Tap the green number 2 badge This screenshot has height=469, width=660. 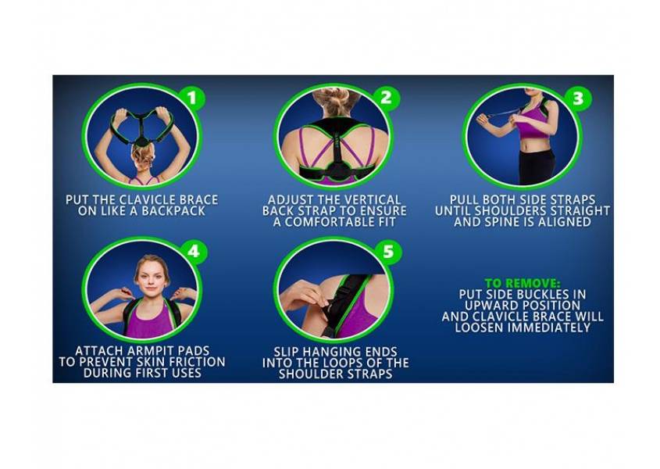(x=385, y=98)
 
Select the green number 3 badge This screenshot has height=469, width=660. (x=577, y=98)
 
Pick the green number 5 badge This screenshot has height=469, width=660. (x=385, y=252)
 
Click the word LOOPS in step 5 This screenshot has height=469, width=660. (x=355, y=363)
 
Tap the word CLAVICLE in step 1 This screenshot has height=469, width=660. (x=151, y=200)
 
